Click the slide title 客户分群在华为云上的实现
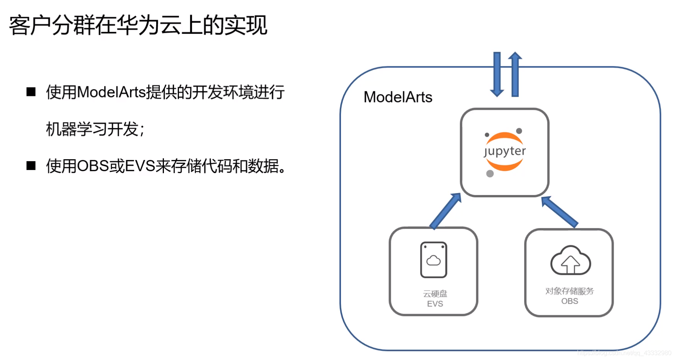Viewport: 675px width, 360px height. pyautogui.click(x=138, y=25)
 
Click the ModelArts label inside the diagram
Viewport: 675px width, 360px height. pyautogui.click(x=398, y=97)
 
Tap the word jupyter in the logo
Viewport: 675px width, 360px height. pyautogui.click(x=505, y=151)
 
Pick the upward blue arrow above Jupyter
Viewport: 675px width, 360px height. pyautogui.click(x=515, y=74)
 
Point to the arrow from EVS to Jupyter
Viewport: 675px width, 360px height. pyautogui.click(x=445, y=211)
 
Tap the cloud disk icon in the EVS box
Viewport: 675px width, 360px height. pyautogui.click(x=434, y=260)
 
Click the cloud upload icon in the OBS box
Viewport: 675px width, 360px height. pyautogui.click(x=570, y=261)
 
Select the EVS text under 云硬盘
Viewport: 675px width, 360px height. pyautogui.click(x=435, y=304)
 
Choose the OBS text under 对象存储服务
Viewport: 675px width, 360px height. pyautogui.click(x=569, y=301)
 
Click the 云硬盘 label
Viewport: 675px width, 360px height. pyautogui.click(x=435, y=294)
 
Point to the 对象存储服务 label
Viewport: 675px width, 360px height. pyautogui.click(x=569, y=291)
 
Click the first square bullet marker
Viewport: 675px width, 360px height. pyautogui.click(x=31, y=92)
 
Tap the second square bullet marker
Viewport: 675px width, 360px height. pyautogui.click(x=31, y=166)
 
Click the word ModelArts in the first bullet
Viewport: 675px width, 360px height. pyautogui.click(x=111, y=93)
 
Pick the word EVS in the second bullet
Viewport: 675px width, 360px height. pyautogui.click(x=140, y=166)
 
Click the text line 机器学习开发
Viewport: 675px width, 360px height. pyautogui.click(x=93, y=129)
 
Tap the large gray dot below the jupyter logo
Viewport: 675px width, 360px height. pyautogui.click(x=490, y=173)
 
